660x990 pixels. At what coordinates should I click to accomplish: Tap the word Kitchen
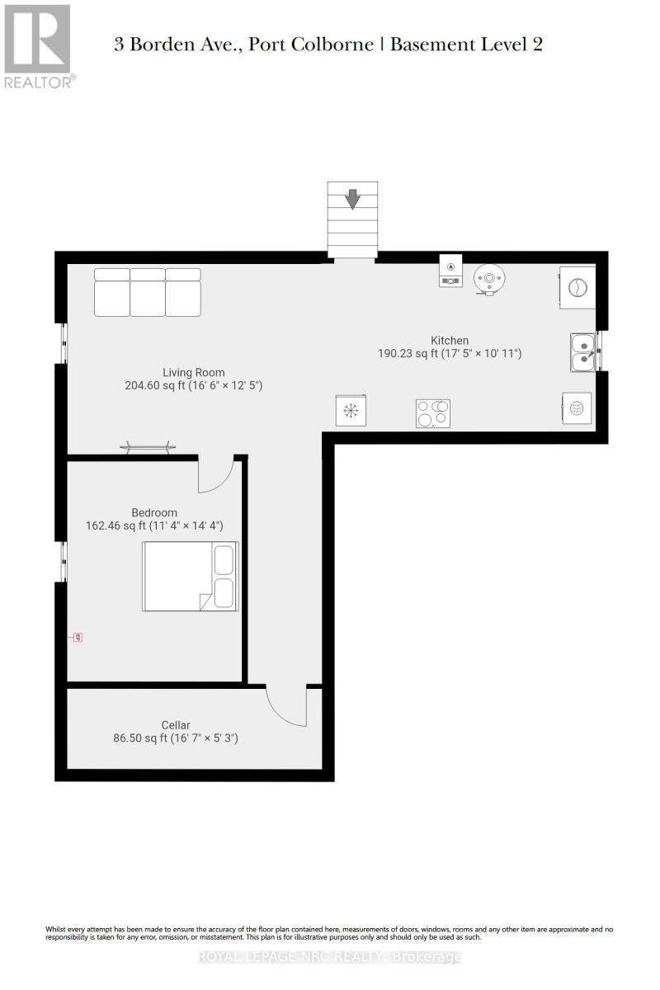tap(450, 340)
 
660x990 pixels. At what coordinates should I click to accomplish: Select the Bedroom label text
tap(154, 512)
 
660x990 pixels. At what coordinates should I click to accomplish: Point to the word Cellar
tap(176, 725)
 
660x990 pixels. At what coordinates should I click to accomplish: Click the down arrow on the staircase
tap(352, 199)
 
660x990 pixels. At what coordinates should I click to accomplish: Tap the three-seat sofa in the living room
tap(148, 292)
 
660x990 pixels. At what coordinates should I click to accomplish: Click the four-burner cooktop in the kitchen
tap(433, 413)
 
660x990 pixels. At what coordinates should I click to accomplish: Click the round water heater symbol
tap(490, 279)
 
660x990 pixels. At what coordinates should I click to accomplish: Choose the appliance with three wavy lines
tap(577, 408)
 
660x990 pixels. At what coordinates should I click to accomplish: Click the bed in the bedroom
tap(190, 576)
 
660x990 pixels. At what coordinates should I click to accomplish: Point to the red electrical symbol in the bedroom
tap(78, 637)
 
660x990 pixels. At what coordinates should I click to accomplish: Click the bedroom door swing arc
tap(216, 477)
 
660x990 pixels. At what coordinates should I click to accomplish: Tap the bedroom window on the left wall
tap(64, 562)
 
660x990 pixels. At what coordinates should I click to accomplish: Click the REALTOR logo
tap(39, 45)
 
